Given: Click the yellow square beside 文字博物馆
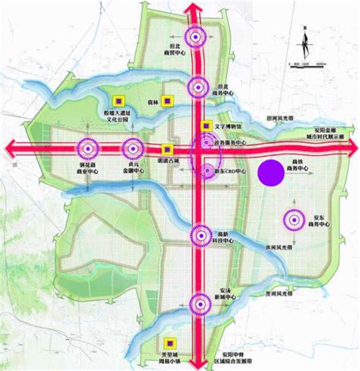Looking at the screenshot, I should [205, 125].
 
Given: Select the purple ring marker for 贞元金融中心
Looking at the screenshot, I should [133, 147].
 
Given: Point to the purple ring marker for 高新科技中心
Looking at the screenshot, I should [200, 237].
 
